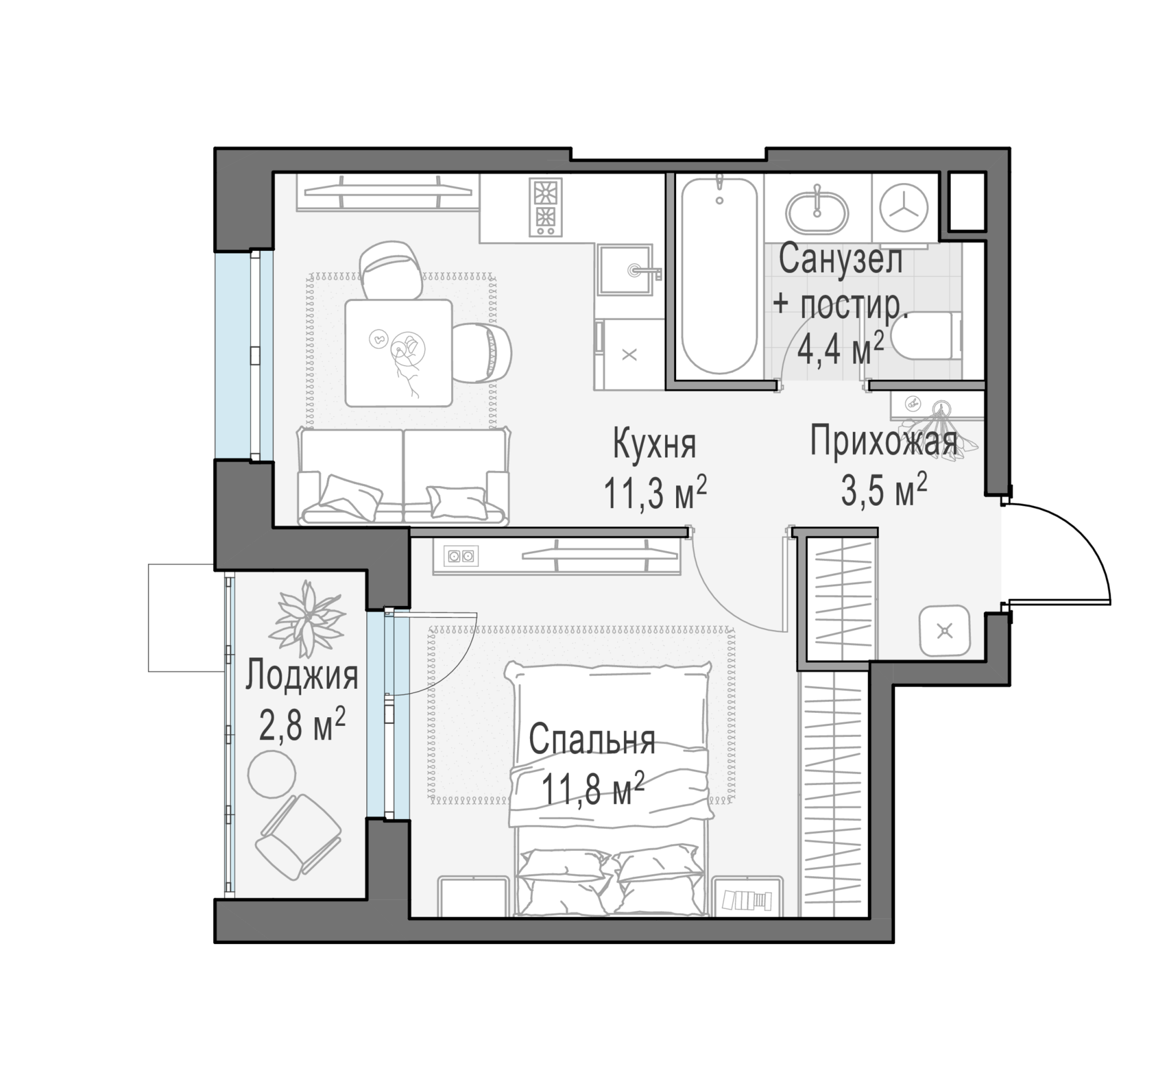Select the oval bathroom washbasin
[x=817, y=212]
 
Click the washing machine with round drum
[x=904, y=207]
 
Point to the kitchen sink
[x=625, y=270]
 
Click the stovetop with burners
[x=545, y=207]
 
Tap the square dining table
[x=398, y=353]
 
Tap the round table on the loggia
[x=272, y=774]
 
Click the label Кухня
[x=654, y=444]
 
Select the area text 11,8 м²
[x=593, y=789]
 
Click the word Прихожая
[x=883, y=441]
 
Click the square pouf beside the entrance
[x=944, y=630]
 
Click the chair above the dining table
[x=391, y=270]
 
